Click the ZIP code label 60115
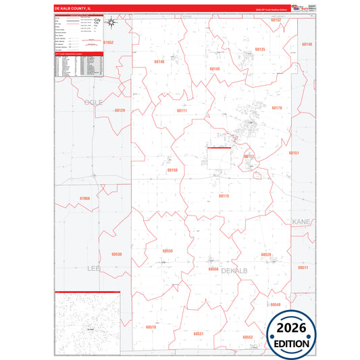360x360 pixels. (224, 196)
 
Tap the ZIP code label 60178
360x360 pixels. (276, 108)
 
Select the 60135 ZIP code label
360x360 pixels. (260, 50)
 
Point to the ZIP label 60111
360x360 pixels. (182, 110)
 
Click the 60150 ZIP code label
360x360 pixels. (172, 170)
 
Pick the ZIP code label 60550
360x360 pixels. (168, 251)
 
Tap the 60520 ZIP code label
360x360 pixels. (266, 255)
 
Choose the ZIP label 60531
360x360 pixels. (199, 334)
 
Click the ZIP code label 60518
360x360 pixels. (151, 327)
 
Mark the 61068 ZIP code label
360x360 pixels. (84, 198)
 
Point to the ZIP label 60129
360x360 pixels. (120, 110)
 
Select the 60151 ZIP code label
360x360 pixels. (294, 153)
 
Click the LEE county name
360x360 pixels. (93, 268)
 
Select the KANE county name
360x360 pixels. (300, 222)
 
